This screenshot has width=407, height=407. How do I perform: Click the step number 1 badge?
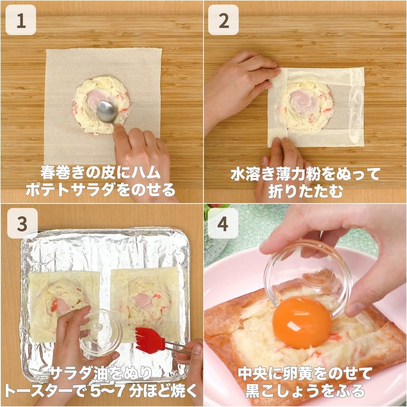coord(21,20)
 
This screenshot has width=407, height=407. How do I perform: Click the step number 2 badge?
coord(223,20)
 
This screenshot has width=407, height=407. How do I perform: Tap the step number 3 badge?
coord(22,223)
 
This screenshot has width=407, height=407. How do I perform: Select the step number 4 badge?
coord(223,223)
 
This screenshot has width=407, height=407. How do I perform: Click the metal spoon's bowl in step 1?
coord(106,112)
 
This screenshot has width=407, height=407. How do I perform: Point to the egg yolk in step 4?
coord(302,322)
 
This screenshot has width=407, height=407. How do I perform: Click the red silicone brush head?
coord(148,340)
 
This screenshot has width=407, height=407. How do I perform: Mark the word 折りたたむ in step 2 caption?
coord(306,191)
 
